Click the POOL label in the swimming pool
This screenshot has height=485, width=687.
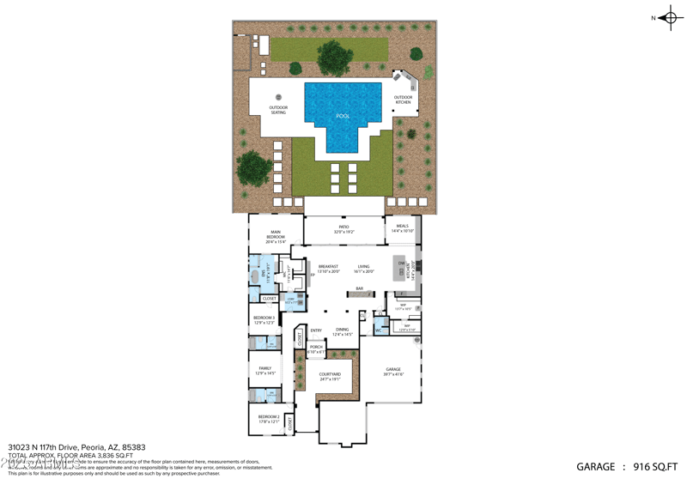(343, 116)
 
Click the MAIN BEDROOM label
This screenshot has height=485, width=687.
(276, 233)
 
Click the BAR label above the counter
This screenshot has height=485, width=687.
(360, 288)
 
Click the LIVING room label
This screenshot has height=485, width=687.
(364, 268)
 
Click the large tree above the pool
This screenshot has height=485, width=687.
(334, 58)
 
